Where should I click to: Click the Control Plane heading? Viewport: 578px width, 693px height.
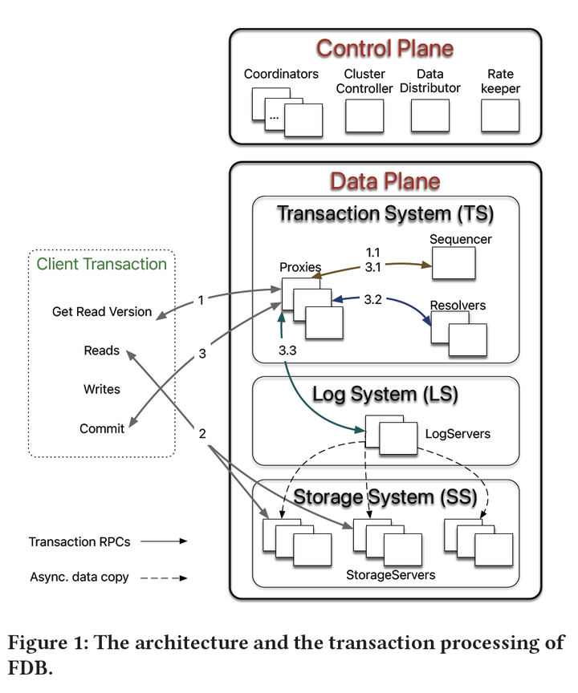click(385, 48)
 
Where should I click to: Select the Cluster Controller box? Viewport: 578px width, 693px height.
click(364, 116)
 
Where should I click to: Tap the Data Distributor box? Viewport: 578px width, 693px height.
click(430, 116)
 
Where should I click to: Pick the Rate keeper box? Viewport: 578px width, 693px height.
click(500, 116)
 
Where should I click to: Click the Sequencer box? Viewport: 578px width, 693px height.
click(454, 263)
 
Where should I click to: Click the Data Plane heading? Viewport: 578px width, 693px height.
click(385, 180)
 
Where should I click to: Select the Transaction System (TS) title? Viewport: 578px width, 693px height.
click(385, 214)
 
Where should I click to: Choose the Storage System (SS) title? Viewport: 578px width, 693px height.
click(385, 496)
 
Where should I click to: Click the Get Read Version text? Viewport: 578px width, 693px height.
click(102, 311)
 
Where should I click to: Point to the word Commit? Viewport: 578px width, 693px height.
click(102, 428)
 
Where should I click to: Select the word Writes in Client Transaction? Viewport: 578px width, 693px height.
click(102, 389)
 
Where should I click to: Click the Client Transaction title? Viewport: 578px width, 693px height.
click(102, 264)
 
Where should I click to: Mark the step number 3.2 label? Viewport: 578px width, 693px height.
click(373, 300)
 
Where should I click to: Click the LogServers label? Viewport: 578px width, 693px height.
click(458, 434)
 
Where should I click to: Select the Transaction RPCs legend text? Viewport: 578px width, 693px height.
click(79, 541)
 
